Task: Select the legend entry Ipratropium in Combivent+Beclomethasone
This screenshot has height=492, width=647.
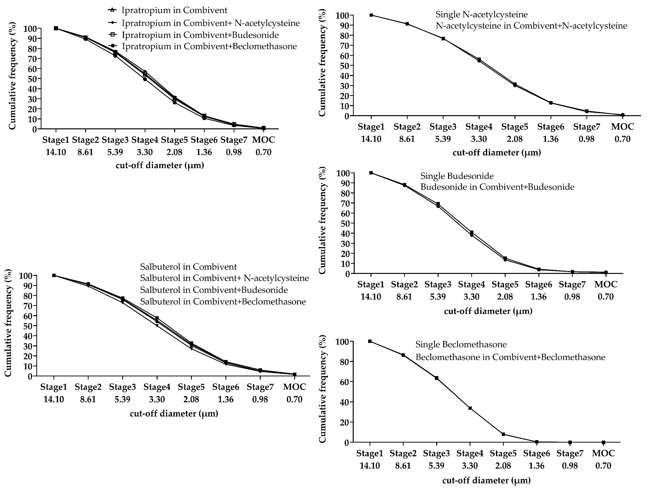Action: point(209,46)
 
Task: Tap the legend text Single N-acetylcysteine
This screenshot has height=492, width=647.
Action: point(481,14)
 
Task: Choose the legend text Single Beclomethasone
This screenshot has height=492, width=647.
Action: point(461,344)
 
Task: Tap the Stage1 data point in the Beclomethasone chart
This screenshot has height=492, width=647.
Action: point(370,341)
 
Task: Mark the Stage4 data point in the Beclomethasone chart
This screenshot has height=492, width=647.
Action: point(470,408)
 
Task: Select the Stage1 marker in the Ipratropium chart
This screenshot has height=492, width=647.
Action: point(56,28)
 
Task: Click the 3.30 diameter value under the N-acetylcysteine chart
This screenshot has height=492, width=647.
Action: point(479,139)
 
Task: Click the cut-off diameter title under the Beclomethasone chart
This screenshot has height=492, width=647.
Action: point(486,480)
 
